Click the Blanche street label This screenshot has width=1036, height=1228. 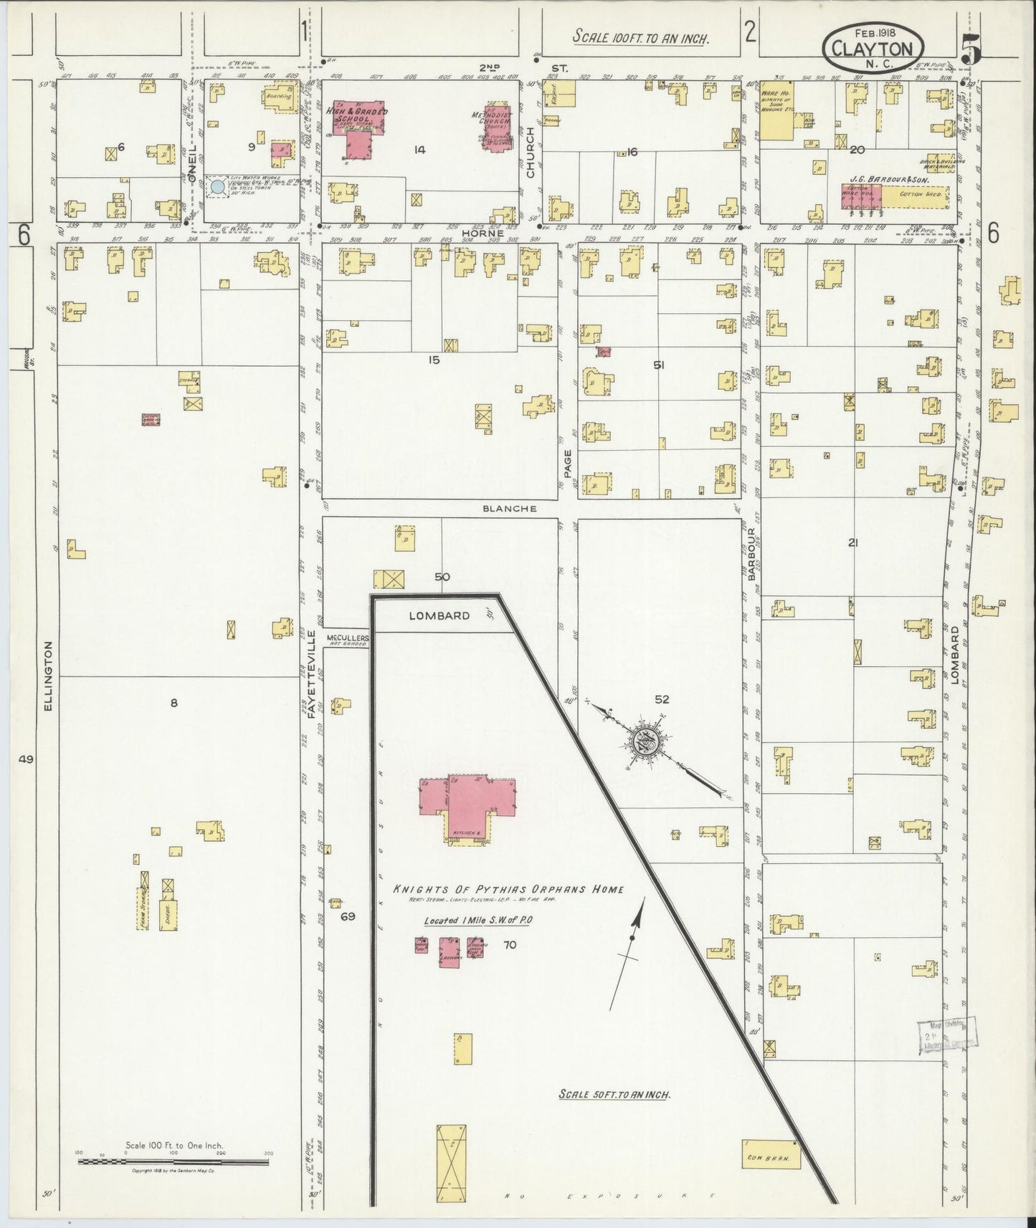point(510,509)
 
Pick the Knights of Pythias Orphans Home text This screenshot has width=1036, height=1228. point(508,889)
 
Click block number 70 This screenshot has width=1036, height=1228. point(510,945)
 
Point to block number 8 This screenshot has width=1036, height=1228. point(174,704)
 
